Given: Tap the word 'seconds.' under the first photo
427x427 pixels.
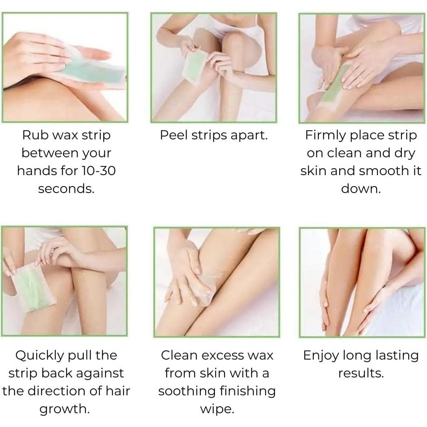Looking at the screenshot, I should (66, 189).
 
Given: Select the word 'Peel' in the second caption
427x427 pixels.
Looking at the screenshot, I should (173, 135).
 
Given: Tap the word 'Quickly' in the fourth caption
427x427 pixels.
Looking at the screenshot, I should (39, 356).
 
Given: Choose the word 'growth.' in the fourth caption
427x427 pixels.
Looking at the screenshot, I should (65, 409).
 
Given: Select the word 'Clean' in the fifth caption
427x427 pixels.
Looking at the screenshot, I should (177, 355).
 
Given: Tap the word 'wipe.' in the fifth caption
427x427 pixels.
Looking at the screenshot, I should (217, 409).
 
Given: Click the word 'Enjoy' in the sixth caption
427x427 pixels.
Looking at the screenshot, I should (321, 356).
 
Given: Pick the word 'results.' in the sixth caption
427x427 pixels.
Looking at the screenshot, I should (361, 373).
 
